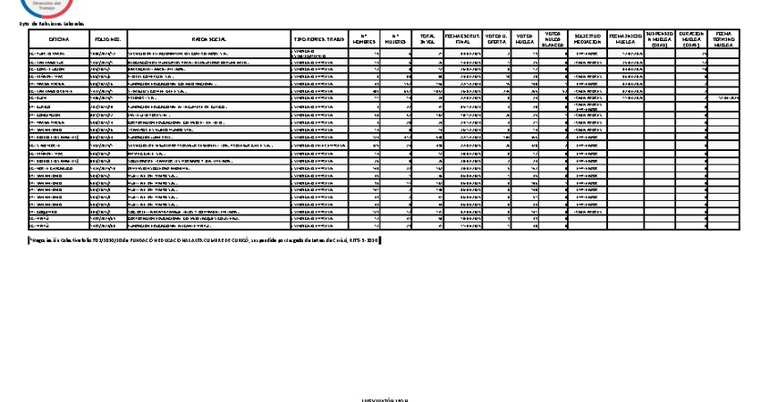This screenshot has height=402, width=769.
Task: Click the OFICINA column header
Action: coord(59,40)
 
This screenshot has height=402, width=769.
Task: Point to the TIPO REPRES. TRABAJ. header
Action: coord(319,40)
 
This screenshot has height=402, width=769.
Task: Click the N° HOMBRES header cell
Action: coord(365,40)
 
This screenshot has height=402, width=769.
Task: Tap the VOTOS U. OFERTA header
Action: coord(495,40)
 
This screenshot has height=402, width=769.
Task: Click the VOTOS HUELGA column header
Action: coord(526,40)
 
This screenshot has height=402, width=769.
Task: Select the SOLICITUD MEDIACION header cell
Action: coord(589,40)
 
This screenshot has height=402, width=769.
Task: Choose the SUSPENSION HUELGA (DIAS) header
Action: coord(659,40)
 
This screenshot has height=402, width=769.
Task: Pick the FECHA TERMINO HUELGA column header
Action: coord(725,40)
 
